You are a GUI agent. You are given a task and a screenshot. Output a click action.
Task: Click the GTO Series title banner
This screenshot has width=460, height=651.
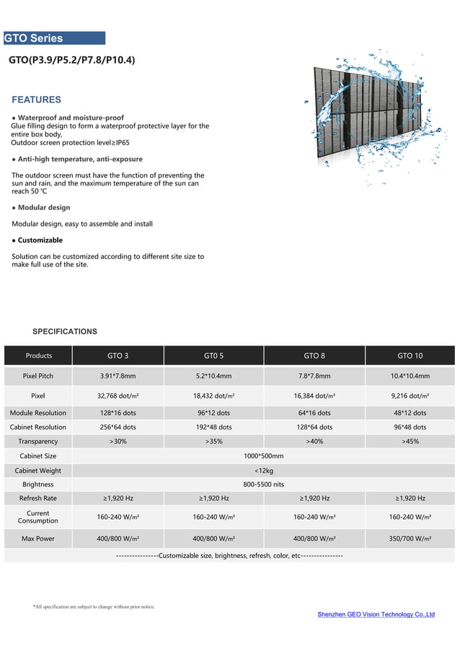tap(54, 38)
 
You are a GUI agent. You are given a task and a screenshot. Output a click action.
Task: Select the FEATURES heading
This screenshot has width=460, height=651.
tap(37, 100)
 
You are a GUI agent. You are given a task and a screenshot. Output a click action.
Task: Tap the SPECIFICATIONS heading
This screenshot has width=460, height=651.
tap(65, 331)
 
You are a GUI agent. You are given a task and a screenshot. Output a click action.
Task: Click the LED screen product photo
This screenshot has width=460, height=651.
tap(375, 115)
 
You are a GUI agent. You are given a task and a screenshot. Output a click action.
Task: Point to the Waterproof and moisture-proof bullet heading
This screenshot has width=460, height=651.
tap(71, 118)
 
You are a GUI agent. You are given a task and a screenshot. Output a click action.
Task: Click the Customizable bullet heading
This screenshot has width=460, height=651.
tap(40, 240)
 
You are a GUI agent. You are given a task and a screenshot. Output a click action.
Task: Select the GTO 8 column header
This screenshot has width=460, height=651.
tap(314, 355)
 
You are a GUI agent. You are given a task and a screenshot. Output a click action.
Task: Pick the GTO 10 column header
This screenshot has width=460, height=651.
tap(410, 355)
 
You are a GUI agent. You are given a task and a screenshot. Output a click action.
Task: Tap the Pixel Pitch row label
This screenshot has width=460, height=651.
tap(38, 376)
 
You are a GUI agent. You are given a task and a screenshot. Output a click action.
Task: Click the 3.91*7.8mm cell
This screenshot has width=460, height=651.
tap(118, 376)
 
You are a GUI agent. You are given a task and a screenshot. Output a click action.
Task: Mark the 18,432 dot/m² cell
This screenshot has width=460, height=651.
tap(213, 396)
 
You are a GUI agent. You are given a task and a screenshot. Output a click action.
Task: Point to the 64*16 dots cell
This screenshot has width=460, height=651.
tap(314, 413)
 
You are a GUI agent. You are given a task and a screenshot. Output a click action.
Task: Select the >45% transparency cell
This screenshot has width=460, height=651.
tap(410, 441)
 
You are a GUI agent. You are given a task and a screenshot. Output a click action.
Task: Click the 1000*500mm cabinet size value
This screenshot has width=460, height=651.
tap(264, 456)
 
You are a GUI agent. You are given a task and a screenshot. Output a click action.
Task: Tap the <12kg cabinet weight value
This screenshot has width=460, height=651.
tap(264, 471)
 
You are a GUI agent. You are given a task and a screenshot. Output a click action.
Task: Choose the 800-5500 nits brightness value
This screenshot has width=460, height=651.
tap(264, 484)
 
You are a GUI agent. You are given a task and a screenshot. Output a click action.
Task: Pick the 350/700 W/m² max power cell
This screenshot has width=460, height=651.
tap(410, 538)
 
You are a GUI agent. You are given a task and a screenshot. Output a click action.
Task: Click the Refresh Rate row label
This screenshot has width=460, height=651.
tap(38, 498)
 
